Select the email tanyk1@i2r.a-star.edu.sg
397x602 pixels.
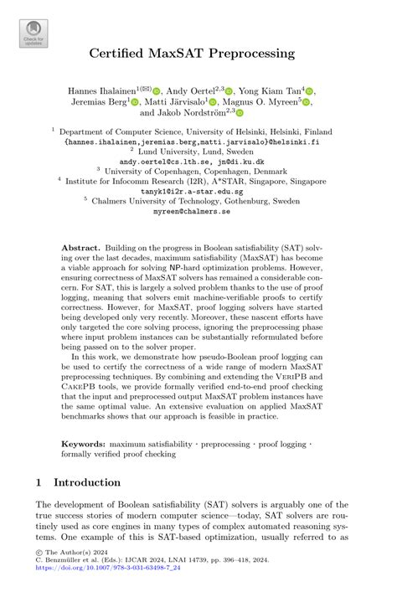(x=198, y=191)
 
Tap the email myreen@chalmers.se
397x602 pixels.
(x=198, y=211)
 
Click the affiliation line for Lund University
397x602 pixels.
(x=198, y=152)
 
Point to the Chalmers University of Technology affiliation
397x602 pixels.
(x=198, y=202)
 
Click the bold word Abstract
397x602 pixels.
(x=82, y=249)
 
